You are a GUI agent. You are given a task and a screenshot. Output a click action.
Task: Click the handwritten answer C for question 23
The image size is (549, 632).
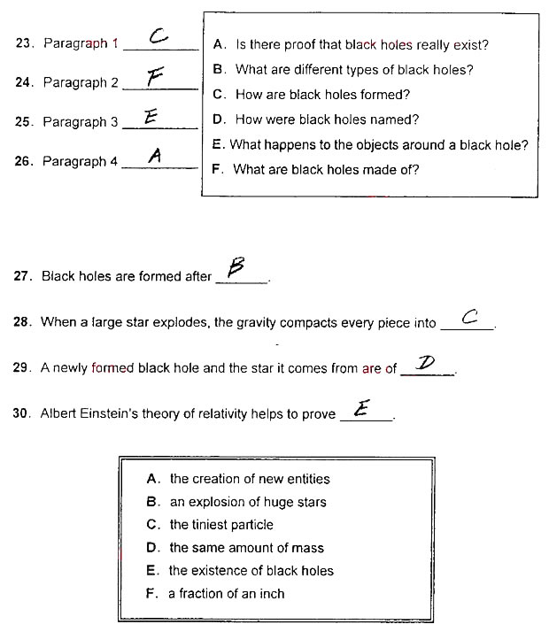159,36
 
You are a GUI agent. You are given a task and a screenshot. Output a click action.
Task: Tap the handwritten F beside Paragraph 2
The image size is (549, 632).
156,77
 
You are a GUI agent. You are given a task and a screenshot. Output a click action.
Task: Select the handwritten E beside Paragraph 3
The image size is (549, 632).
151,116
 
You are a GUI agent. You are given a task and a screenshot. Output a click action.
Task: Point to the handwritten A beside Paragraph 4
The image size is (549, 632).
154,156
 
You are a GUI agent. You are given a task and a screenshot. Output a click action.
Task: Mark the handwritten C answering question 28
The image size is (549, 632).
470,316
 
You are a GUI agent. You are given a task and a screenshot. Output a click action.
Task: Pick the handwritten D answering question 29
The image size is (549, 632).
427,362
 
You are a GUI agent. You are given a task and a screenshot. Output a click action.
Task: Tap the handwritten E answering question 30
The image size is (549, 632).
361,408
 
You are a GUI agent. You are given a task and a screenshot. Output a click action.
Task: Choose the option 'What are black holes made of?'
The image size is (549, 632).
326,169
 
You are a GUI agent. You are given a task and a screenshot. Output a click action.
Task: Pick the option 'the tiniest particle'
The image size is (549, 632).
221,525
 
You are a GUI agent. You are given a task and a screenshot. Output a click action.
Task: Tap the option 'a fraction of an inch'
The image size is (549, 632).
227,594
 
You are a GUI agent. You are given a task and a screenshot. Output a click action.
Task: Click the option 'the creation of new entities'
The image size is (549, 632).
250,479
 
